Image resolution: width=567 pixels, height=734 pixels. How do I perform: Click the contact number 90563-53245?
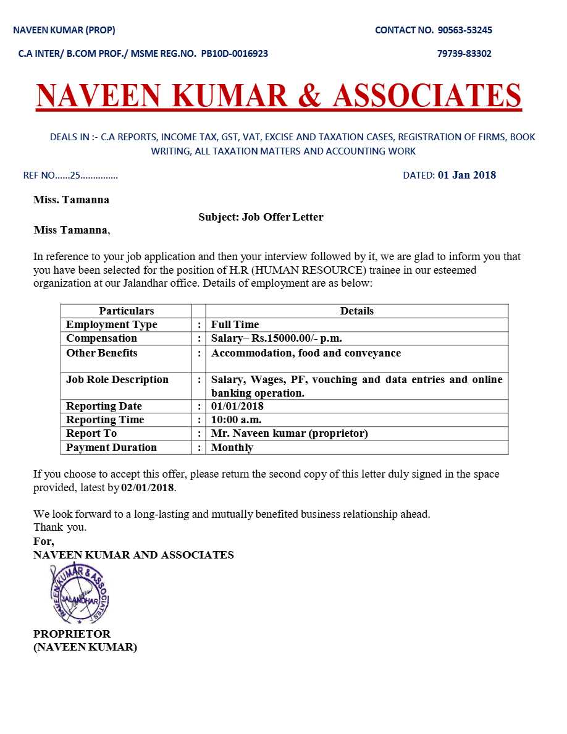click(464, 30)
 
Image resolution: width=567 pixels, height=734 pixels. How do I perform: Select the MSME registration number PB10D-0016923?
click(235, 54)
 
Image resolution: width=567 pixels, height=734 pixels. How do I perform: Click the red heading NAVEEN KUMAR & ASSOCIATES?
click(279, 96)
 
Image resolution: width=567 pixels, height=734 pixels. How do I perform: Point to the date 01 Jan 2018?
click(466, 175)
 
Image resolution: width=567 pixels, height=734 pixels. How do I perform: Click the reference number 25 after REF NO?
click(75, 175)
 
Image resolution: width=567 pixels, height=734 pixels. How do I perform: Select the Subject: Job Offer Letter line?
click(261, 217)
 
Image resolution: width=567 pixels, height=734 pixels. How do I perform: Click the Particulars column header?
click(126, 311)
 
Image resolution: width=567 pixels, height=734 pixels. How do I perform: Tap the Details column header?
click(356, 311)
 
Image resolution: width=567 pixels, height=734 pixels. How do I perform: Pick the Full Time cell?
click(235, 324)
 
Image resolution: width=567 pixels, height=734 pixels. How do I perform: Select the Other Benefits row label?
click(101, 353)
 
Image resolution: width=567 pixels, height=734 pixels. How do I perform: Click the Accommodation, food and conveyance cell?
click(306, 353)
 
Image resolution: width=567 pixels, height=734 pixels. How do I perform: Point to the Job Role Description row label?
click(117, 379)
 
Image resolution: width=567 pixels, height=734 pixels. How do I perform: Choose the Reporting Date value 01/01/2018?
click(237, 406)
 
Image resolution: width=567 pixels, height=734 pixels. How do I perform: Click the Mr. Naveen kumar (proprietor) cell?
click(289, 433)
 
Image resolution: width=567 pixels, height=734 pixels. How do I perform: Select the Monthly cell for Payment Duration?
click(232, 447)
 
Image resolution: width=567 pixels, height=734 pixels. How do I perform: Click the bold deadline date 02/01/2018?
click(148, 487)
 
